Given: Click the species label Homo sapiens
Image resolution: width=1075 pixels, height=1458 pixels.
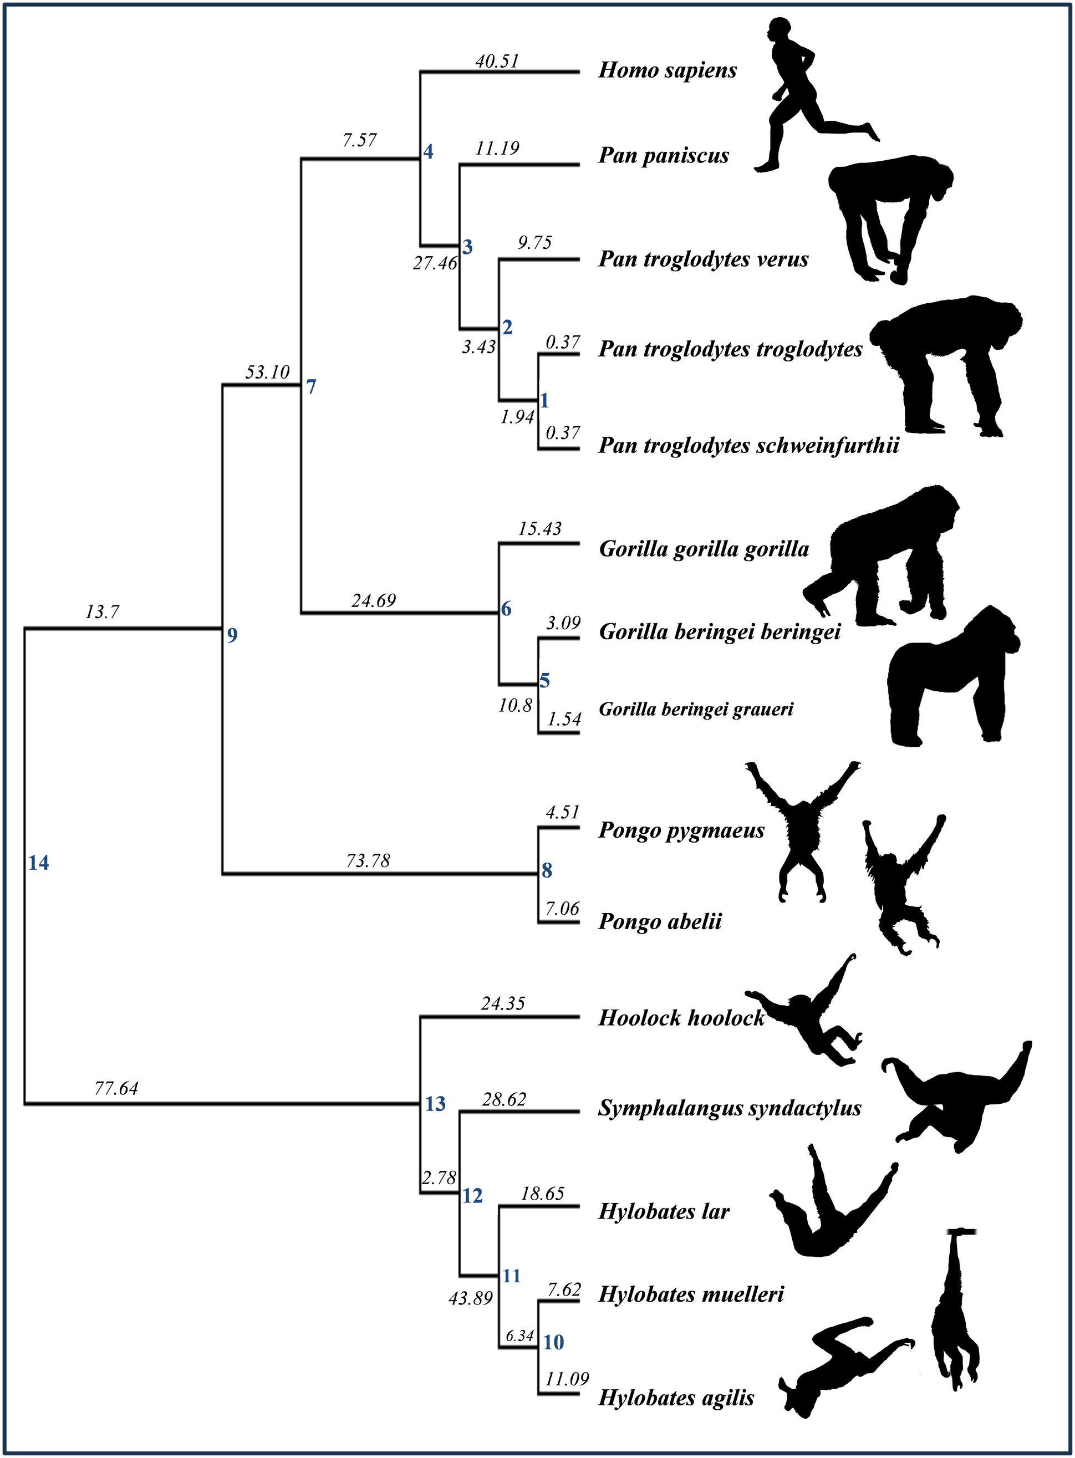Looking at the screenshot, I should tap(667, 70).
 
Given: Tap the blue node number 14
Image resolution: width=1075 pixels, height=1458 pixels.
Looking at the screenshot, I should tap(38, 863).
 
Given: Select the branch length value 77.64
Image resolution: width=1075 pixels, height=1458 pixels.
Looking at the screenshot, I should tap(116, 1088).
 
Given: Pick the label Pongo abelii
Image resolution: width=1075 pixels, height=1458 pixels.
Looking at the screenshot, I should tap(660, 922).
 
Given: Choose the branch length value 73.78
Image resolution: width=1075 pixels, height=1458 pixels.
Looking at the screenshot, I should tap(368, 861).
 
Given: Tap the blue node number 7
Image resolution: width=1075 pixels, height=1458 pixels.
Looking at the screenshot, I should tap(311, 387).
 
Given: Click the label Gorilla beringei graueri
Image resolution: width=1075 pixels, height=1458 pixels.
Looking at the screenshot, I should tap(696, 709).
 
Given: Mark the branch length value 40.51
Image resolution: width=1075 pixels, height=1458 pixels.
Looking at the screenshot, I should tap(497, 61).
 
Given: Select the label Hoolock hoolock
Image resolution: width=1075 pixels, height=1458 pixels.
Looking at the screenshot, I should tap(681, 1017).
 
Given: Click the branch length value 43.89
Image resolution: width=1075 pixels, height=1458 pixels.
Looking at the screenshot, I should tap(471, 1298).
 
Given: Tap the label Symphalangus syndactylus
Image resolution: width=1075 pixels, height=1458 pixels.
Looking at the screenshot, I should tap(730, 1108).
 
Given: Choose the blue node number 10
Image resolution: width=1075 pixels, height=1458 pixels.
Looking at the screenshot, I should tap(554, 1342).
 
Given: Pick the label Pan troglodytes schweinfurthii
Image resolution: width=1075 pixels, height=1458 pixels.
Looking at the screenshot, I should tap(748, 446).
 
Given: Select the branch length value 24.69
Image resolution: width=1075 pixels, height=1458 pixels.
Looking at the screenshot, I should tap(374, 600).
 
